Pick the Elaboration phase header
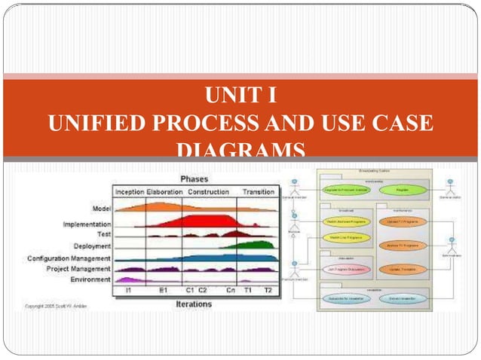165,191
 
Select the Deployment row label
92,246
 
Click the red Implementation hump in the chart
196,221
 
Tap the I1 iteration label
129,290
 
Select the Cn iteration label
230,290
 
